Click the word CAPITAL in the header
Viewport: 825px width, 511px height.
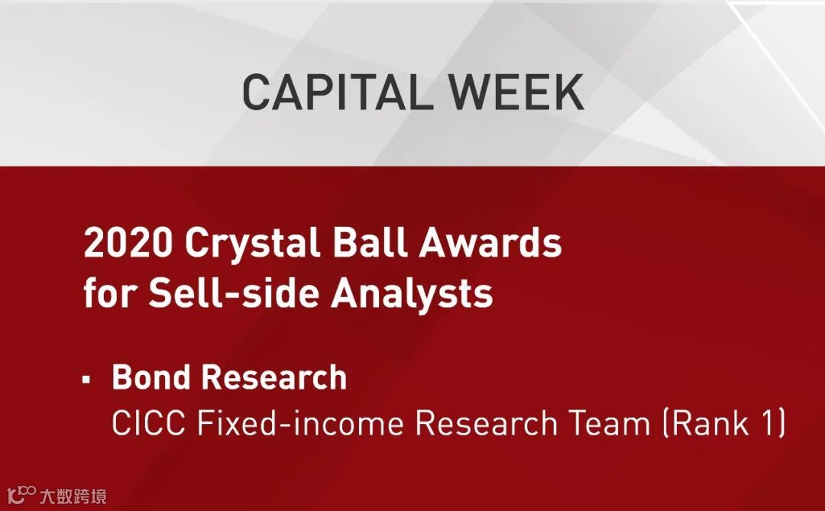[x=333, y=92]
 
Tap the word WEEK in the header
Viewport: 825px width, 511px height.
[x=516, y=92]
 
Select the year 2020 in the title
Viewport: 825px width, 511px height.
[x=128, y=243]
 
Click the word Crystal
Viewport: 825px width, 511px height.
[x=253, y=245]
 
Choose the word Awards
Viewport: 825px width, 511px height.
[x=490, y=242]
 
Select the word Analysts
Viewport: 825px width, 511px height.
[x=412, y=295]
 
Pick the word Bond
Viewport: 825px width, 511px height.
[x=151, y=377]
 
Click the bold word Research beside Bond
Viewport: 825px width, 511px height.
[x=274, y=377]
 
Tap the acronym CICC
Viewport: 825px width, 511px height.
[x=148, y=423]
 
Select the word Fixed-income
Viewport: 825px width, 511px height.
[x=300, y=423]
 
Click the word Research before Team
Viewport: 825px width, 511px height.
[x=487, y=423]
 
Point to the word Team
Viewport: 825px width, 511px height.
[x=610, y=423]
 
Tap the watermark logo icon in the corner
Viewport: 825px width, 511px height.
[x=21, y=495]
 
